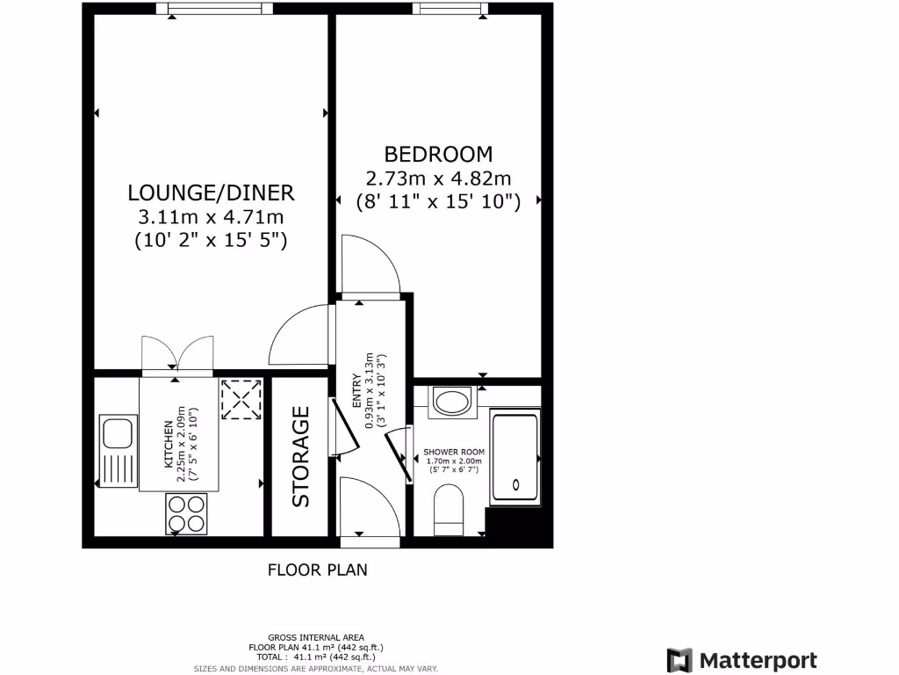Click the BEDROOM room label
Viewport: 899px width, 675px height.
(439, 155)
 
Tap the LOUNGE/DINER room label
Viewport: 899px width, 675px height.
(211, 192)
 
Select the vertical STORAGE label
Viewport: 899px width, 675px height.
(301, 456)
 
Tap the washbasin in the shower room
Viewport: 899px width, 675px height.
(452, 403)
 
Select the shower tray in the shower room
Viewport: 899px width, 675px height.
(514, 457)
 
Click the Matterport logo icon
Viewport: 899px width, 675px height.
(680, 661)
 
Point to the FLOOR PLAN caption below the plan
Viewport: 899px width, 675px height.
(317, 570)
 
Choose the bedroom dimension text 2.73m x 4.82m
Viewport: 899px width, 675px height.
(439, 178)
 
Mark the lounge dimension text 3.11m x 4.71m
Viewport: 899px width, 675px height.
(211, 216)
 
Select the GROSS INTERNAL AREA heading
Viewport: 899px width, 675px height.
(316, 637)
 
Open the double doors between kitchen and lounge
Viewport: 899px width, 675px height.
(177, 355)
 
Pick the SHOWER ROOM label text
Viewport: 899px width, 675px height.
(454, 451)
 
